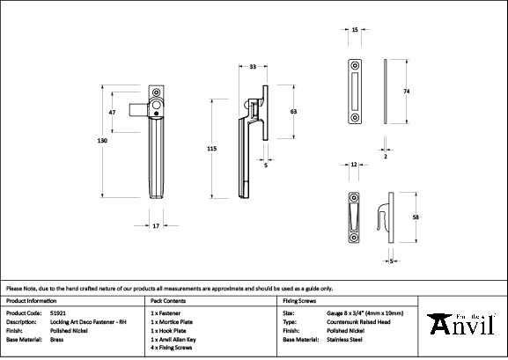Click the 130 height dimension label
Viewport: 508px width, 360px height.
[x=103, y=141]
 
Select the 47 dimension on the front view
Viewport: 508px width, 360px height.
[x=113, y=114]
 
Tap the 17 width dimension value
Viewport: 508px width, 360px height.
[x=155, y=227]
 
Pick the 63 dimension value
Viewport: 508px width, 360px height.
[x=293, y=113]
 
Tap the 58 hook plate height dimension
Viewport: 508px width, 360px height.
[x=414, y=217]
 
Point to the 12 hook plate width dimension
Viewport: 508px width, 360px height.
[x=352, y=165]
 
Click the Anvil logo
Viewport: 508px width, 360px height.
[x=462, y=326]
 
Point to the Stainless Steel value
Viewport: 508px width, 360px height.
[x=335, y=339]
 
